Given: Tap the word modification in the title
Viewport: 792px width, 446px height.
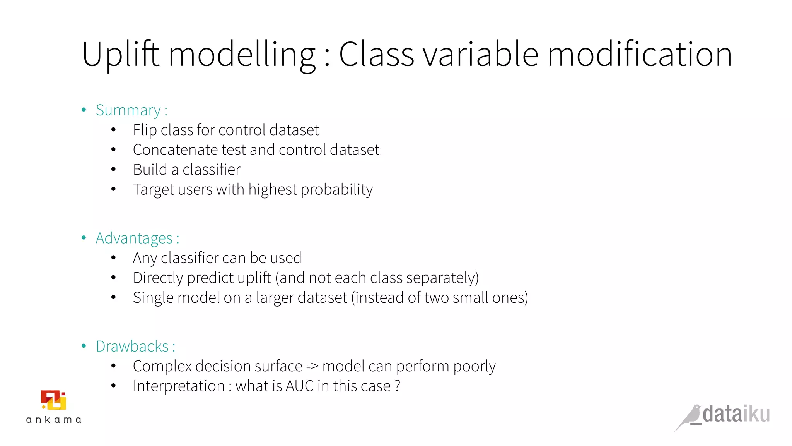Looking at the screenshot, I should pos(640,55).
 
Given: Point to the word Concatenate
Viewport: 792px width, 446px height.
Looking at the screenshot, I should pos(175,150).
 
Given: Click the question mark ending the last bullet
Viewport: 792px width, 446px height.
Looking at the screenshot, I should pos(397,386).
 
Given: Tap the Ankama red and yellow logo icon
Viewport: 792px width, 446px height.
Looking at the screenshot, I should pos(54,400).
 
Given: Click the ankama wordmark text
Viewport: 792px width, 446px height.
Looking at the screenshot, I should pos(54,420).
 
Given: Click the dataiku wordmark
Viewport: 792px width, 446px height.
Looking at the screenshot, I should pos(736,414).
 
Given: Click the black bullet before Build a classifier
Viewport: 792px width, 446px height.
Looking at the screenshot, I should pos(113,170).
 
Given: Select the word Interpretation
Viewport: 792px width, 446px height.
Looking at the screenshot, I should pos(179,386).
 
